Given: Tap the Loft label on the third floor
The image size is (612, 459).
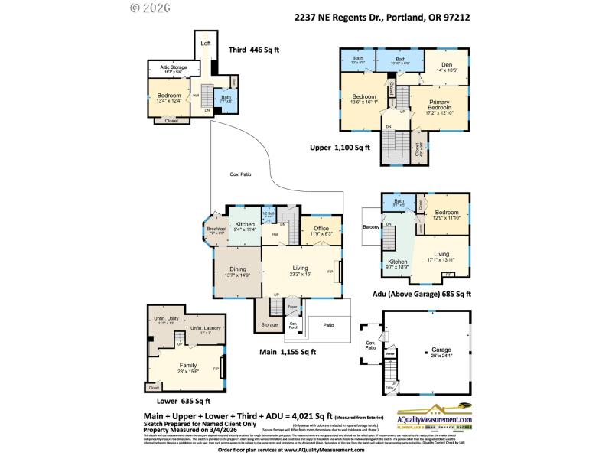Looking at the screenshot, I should tap(205, 44).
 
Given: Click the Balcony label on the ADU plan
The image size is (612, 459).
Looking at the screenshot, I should tap(371, 226).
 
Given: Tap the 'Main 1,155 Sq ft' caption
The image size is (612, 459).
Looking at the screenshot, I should tap(288, 352).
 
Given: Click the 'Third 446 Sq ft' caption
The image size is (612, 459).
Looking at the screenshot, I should tap(254, 50).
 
